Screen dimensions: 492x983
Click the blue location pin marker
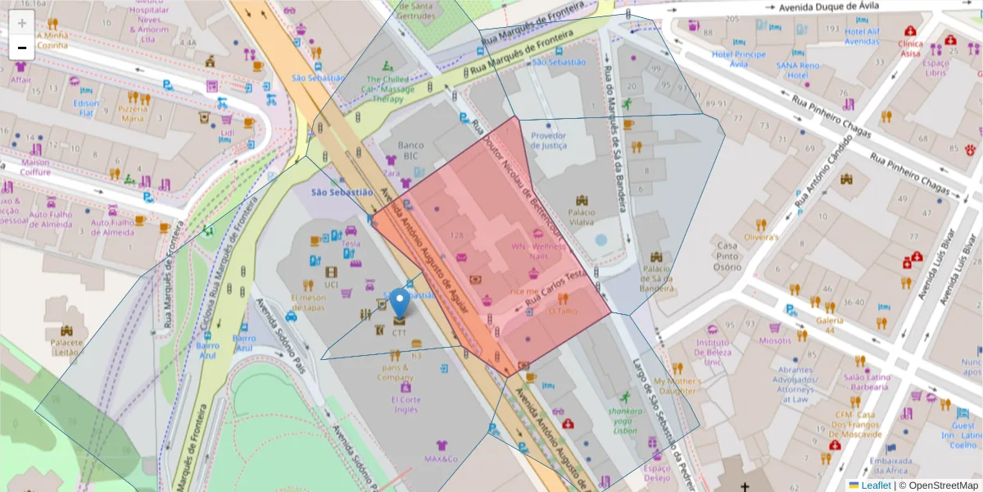399,303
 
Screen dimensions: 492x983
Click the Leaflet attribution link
875,485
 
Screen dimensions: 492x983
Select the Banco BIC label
410,151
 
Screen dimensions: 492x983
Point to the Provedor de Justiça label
549,141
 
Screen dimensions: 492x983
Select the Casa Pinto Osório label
727,256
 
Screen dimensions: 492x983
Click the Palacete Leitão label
67,347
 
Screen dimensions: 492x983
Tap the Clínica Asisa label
910,48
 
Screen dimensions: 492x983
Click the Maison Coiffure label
35,166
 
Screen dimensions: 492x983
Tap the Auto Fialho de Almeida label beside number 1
111,227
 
